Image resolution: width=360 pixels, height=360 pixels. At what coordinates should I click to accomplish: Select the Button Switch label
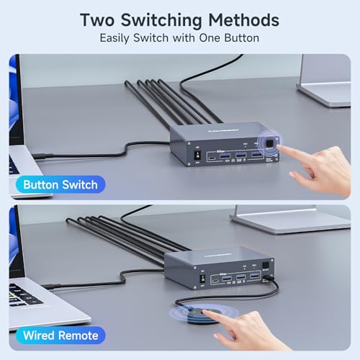point(60,185)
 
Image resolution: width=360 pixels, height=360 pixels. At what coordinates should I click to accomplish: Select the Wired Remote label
point(60,335)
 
